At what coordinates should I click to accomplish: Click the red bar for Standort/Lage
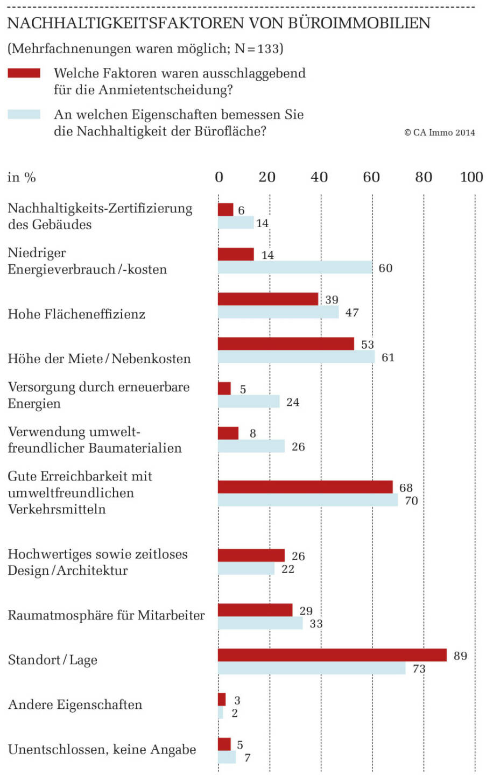(332, 655)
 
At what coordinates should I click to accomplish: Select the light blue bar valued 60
(295, 267)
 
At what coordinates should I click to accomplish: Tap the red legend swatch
(24, 73)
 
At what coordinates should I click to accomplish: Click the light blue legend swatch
(24, 115)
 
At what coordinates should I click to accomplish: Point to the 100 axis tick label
(471, 177)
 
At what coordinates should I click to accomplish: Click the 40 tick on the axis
(319, 177)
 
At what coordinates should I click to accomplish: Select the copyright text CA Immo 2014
(440, 132)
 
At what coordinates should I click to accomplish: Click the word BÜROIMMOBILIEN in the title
(359, 23)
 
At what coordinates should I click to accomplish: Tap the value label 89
(460, 656)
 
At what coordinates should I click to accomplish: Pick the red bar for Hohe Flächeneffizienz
(268, 299)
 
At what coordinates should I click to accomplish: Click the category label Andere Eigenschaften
(75, 704)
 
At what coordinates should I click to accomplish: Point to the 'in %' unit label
(22, 177)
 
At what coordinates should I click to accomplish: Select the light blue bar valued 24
(249, 401)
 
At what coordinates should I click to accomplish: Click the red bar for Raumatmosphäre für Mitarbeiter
(255, 610)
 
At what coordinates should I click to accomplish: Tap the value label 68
(406, 488)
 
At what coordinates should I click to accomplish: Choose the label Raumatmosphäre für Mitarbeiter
(106, 615)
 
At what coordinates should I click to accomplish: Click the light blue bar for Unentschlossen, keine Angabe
(227, 757)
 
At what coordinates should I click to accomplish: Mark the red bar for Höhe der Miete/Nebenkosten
(286, 344)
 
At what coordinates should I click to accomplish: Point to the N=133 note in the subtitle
(258, 48)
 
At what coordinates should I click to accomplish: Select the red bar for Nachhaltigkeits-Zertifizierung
(226, 209)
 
